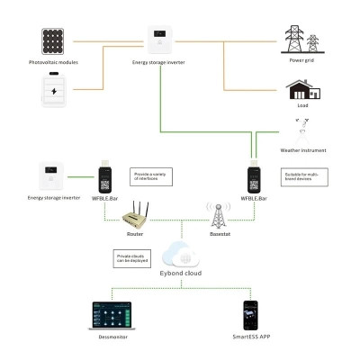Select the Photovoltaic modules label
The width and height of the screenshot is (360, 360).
pyautogui.click(x=56, y=63)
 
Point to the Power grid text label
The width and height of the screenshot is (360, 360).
pyautogui.click(x=301, y=63)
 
